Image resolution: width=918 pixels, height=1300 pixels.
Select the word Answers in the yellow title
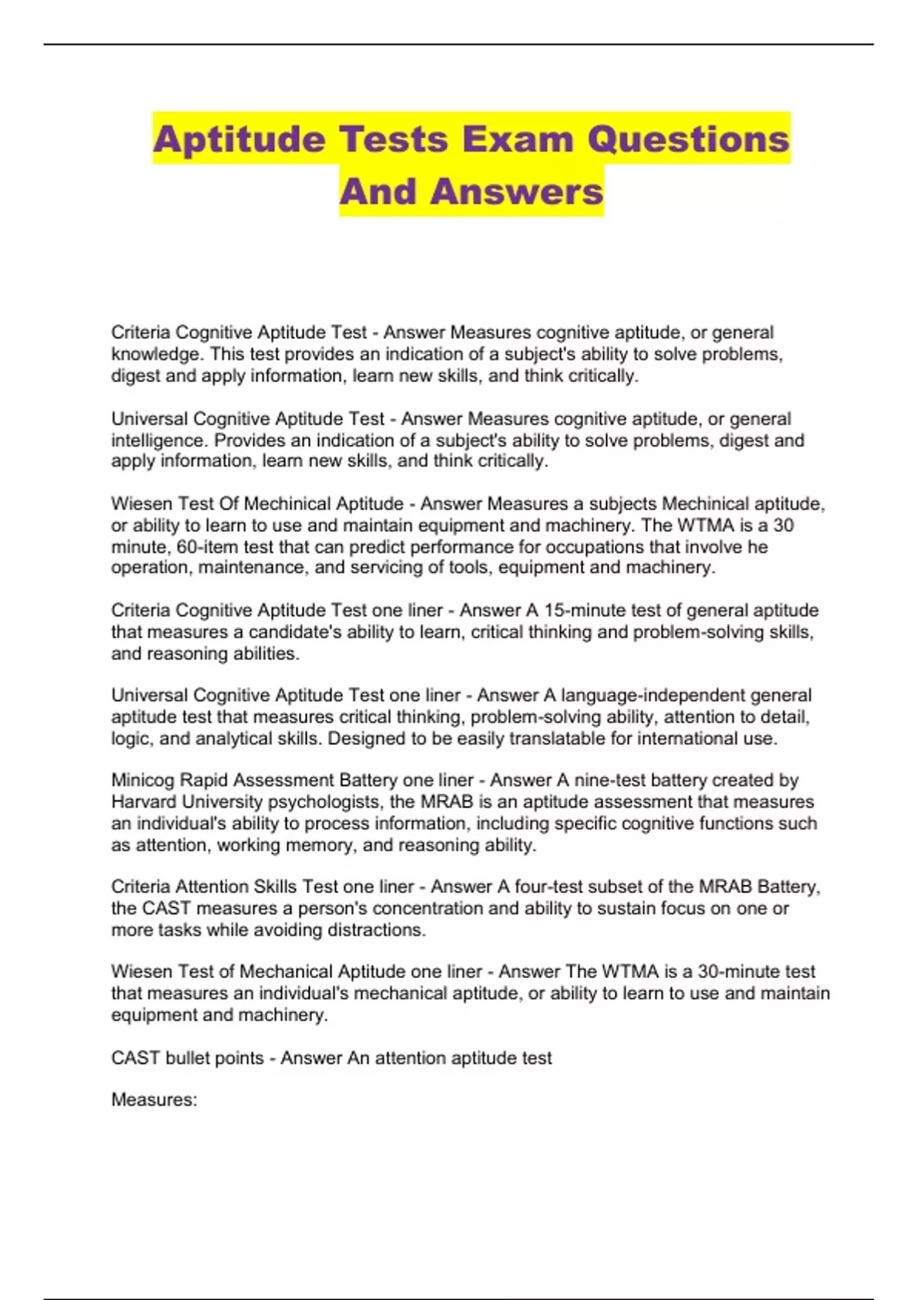(516, 191)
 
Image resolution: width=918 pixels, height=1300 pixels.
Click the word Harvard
(146, 801)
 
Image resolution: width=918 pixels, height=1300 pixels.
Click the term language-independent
(653, 695)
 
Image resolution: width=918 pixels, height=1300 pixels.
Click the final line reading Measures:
(154, 1100)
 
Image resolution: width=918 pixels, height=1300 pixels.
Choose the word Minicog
(143, 780)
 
